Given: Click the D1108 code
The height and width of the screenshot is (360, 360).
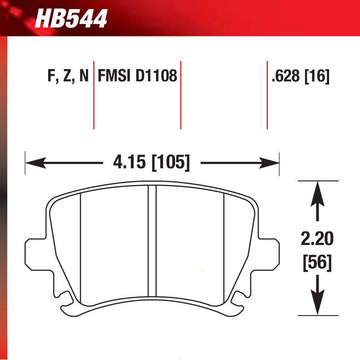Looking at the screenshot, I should tap(155, 76).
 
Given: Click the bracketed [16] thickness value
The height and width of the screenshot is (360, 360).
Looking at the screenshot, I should tap(317, 76).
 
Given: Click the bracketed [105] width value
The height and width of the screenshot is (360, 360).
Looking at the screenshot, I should tap(170, 162).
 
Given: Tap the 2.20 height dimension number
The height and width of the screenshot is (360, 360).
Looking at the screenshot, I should tap(317, 239).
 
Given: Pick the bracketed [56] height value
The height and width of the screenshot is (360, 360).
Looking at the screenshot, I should tap(317, 262).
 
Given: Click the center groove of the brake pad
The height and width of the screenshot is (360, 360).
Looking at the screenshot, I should tap(153, 241).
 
